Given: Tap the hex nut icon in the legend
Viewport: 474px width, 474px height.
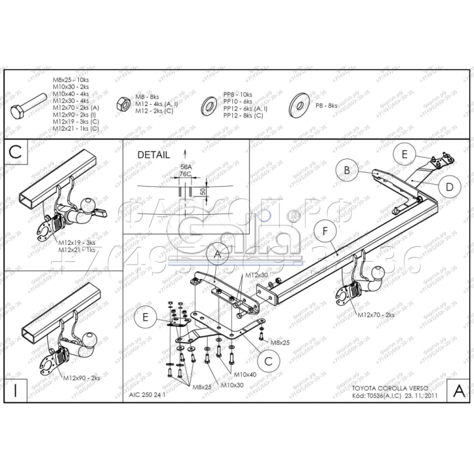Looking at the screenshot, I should pyautogui.click(x=124, y=104).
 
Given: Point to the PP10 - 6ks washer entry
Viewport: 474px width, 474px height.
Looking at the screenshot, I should pyautogui.click(x=238, y=101).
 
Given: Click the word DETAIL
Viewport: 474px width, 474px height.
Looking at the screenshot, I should pyautogui.click(x=153, y=154).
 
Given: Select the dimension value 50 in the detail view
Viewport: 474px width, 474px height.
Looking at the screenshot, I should pyautogui.click(x=203, y=191).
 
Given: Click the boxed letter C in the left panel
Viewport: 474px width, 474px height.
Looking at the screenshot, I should pyautogui.click(x=16, y=151).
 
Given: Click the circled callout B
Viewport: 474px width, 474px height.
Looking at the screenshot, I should pyautogui.click(x=347, y=169).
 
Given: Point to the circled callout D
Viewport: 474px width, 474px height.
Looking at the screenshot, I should pyautogui.click(x=449, y=187).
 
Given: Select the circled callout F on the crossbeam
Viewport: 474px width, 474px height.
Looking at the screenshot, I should pyautogui.click(x=324, y=231).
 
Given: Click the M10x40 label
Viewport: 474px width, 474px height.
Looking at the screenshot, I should pyautogui.click(x=246, y=375).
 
